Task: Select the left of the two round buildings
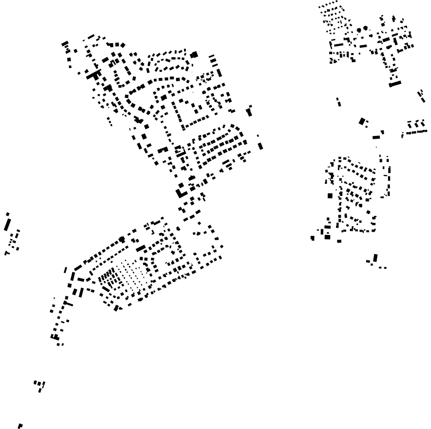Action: click(359, 29)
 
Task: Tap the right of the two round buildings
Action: click(365, 28)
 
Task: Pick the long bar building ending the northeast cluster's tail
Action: click(395, 84)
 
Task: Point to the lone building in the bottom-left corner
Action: click(20, 425)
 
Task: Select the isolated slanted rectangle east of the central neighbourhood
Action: click(260, 146)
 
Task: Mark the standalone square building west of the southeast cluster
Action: click(330, 195)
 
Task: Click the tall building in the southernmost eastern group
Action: click(375, 258)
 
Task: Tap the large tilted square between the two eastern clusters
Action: click(362, 121)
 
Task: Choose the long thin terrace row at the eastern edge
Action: click(415, 132)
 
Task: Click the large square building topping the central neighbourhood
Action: click(194, 54)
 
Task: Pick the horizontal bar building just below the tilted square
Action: click(377, 137)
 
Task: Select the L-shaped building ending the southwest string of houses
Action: click(55, 337)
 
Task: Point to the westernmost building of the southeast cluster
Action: click(313, 238)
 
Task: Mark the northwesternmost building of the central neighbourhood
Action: click(65, 44)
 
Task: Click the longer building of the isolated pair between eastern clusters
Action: click(338, 101)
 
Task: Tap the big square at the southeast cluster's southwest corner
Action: click(328, 237)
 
